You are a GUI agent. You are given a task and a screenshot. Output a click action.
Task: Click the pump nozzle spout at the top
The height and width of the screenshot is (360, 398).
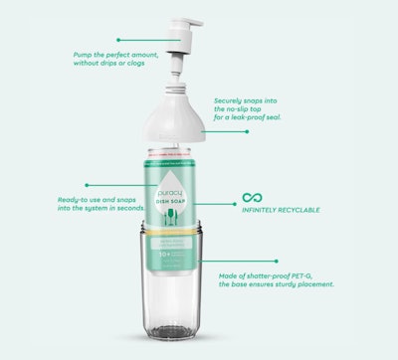[x=200, y=20]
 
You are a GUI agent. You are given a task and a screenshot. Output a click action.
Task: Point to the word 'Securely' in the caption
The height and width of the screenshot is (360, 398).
[x=232, y=100]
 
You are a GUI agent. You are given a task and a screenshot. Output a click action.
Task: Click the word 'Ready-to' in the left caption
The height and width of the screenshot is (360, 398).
[x=76, y=199]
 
